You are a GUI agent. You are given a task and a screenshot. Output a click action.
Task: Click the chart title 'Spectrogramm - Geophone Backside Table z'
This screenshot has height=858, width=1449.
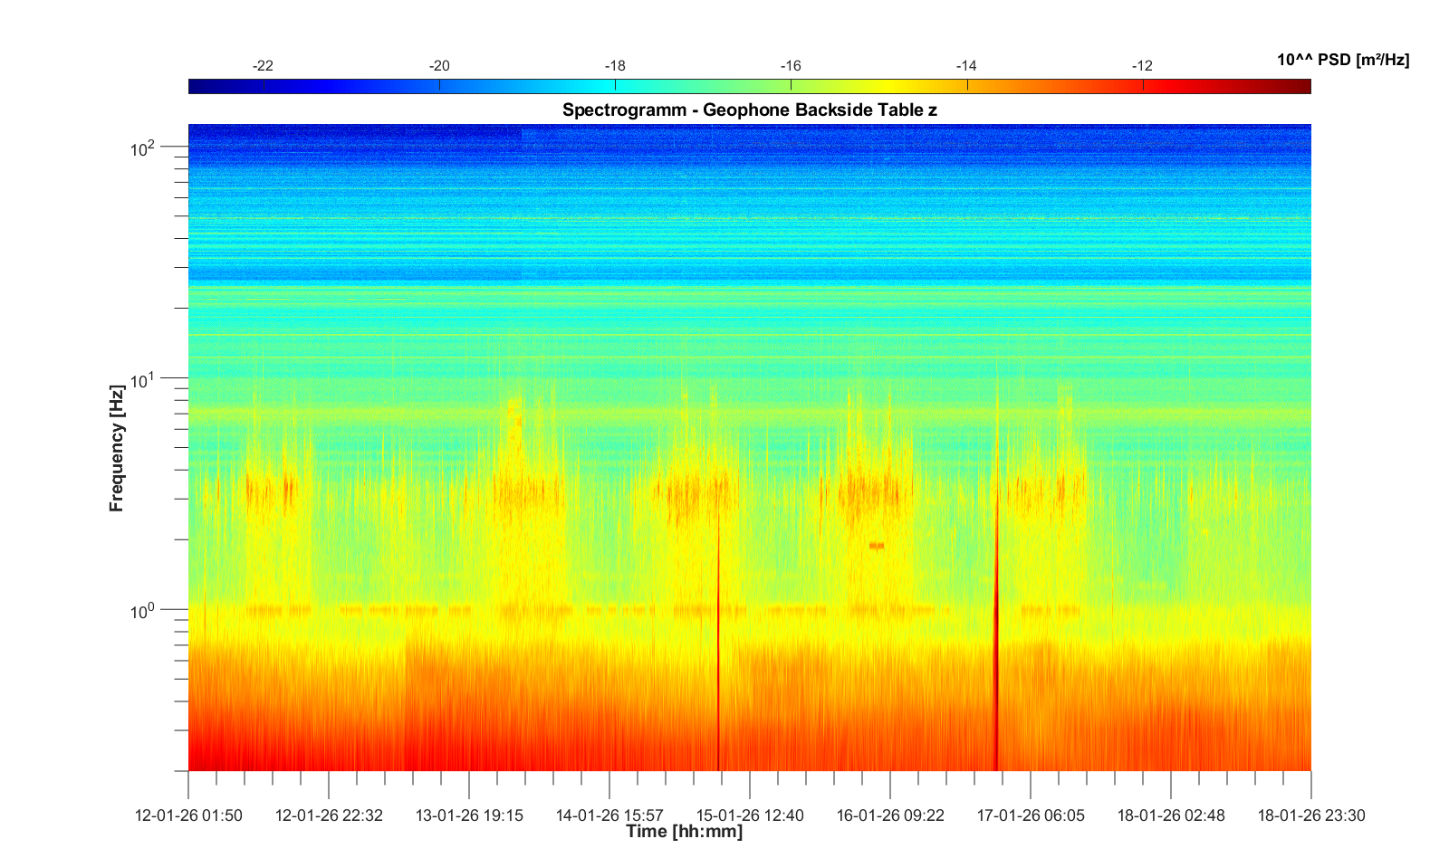click(x=749, y=110)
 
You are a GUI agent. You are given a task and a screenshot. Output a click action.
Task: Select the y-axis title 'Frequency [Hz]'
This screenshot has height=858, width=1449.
click(x=116, y=448)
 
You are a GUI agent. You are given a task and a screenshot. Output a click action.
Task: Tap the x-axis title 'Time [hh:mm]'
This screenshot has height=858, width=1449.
click(x=684, y=832)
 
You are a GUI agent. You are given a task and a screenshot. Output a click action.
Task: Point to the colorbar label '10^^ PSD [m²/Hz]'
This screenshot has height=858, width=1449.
click(x=1342, y=60)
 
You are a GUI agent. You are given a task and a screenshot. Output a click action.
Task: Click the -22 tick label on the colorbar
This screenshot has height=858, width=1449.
click(x=263, y=66)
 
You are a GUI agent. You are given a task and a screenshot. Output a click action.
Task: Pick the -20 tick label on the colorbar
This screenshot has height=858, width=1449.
click(x=439, y=66)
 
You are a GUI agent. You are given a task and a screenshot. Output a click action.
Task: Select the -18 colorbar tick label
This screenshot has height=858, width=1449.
click(x=615, y=66)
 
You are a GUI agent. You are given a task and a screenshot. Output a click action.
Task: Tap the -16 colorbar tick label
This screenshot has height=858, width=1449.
click(x=791, y=66)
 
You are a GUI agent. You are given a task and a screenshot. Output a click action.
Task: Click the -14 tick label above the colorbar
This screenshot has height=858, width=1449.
click(x=966, y=66)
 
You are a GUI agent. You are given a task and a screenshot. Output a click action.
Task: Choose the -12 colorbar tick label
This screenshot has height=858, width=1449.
click(x=1142, y=66)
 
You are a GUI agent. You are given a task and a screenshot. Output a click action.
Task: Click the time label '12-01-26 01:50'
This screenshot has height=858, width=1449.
click(x=188, y=815)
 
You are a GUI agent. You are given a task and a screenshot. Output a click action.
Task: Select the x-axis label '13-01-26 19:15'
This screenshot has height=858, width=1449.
click(x=469, y=815)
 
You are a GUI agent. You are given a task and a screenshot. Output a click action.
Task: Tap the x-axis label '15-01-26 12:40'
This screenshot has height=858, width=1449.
click(x=750, y=815)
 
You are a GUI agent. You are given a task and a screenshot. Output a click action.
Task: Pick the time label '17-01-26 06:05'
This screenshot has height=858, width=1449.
click(x=1031, y=815)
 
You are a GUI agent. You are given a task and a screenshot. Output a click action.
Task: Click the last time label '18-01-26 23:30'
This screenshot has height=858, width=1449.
click(x=1310, y=815)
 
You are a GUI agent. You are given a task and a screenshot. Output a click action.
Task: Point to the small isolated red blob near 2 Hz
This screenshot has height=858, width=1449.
click(x=877, y=546)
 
